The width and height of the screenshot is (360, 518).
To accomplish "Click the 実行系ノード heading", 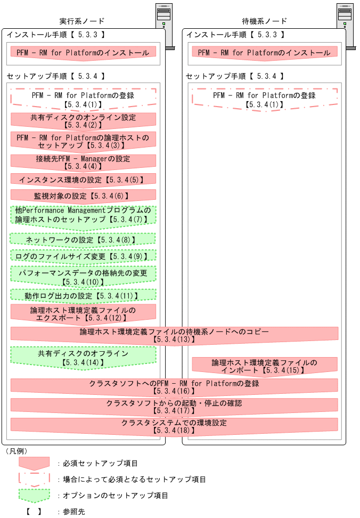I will pos(82,21).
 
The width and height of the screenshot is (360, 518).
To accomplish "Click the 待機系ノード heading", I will pos(265,21).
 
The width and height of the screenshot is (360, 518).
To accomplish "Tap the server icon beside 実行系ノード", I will pos(165,24).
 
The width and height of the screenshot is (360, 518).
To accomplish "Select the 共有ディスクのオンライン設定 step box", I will pos(83,120).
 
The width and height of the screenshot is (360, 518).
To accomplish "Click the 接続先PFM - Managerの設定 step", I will pos(83,162).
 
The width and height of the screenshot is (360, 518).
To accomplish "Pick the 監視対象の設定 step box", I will pos(83,196).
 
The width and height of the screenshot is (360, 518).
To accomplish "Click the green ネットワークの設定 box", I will pos(83,239).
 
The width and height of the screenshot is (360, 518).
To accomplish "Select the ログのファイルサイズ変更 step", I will pos(83,256).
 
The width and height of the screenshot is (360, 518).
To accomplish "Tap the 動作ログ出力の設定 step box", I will pos(83,295).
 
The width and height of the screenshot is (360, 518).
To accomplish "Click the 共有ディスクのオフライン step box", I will pos(83,357).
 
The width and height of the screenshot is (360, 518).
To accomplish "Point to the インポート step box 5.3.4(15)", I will pos(264,366).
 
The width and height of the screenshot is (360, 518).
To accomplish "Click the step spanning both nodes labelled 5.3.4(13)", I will pos(174,335).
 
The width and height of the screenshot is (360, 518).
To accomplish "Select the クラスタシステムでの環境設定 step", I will pos(174,425).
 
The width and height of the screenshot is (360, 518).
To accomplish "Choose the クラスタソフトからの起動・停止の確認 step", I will pos(174,406).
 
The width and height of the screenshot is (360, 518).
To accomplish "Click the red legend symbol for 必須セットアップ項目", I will pos(34,463).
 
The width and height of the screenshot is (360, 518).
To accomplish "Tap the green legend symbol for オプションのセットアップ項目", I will pos(34,496).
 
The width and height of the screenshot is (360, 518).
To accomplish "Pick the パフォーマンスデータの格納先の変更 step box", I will pos(83,276).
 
